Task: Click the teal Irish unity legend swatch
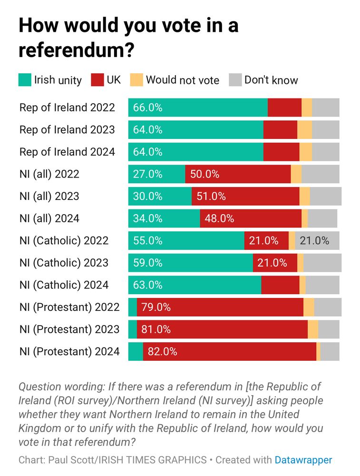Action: [x=25, y=80]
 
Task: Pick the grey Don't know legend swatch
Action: [x=235, y=80]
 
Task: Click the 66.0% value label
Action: [x=148, y=108]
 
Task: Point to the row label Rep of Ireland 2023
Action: [x=67, y=129]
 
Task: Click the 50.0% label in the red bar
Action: [x=204, y=174]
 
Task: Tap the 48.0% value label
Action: [x=219, y=218]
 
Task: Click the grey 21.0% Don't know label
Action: [x=314, y=240]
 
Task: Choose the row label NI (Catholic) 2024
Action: [x=64, y=285]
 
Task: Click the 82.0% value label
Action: [x=163, y=352]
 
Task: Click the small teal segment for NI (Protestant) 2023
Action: [x=133, y=329]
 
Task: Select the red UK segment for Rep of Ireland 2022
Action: [x=284, y=108]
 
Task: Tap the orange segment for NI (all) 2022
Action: [x=296, y=174]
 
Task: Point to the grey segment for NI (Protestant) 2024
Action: [x=330, y=352]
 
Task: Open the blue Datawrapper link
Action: [x=303, y=460]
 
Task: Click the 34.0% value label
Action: [x=148, y=218]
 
